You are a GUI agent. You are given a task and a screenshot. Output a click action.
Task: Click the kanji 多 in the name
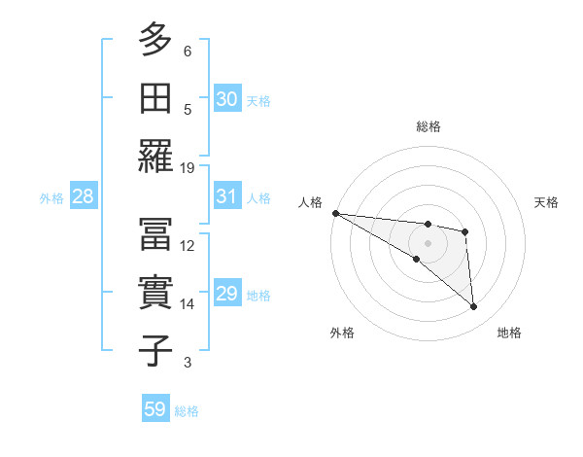coord(155,40)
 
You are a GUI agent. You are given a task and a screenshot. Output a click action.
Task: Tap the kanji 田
coord(155,97)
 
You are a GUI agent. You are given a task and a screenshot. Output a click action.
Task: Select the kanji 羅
coord(155,156)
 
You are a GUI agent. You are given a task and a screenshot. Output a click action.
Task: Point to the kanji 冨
coord(155,234)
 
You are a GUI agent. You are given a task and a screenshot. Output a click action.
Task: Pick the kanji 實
coord(155,292)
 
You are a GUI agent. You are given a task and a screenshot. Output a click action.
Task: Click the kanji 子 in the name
coord(155,350)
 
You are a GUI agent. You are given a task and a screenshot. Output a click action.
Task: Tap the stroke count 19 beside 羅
coord(189,168)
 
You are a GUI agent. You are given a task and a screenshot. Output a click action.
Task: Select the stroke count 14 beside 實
coord(189,304)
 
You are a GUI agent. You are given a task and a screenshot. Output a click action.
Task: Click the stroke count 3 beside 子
coord(188,363)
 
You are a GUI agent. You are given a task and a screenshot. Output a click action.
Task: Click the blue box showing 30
coord(226,99)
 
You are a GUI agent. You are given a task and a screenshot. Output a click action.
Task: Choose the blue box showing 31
coord(226,196)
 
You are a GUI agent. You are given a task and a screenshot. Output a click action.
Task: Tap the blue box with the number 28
coord(84,196)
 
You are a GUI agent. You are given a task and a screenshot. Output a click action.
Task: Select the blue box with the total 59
coord(155,409)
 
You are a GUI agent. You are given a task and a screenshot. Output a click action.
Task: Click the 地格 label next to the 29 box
coord(259,296)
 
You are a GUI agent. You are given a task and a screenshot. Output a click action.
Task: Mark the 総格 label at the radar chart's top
coord(428,126)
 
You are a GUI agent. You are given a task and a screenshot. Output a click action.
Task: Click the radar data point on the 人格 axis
coord(335,213)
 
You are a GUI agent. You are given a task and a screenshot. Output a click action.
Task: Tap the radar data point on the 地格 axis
coord(474,307)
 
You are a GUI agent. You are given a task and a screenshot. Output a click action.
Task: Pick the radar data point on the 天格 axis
coord(465,231)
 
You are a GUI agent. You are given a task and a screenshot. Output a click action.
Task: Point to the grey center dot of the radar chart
coord(428,242)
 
